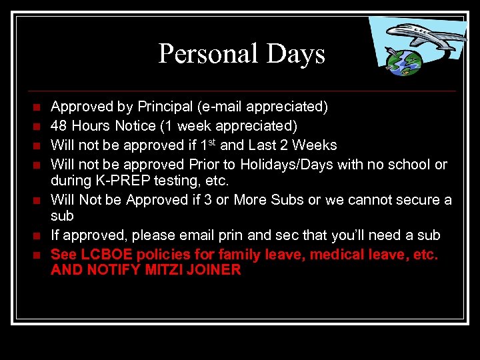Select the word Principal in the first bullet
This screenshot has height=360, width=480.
[x=165, y=107]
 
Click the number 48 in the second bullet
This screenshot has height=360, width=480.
[x=59, y=126]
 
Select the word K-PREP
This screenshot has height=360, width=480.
[x=118, y=180]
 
